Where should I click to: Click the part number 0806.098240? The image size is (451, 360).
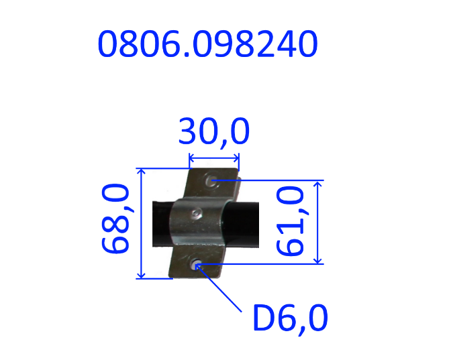(207, 44)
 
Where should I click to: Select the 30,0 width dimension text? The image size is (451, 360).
(214, 132)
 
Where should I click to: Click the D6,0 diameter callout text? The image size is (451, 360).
(291, 318)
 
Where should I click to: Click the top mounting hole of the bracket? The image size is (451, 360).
(211, 180)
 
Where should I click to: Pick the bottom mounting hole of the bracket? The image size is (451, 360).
(195, 263)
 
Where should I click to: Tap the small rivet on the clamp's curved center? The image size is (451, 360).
(196, 213)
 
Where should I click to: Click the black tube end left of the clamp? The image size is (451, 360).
(162, 224)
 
